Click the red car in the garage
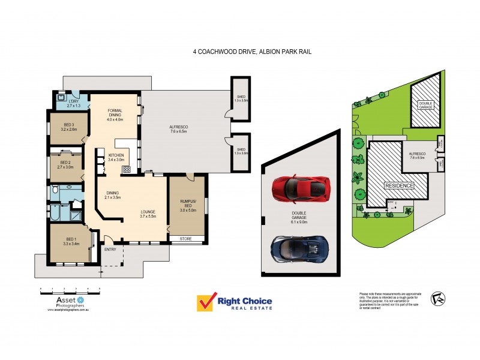(x=301, y=188)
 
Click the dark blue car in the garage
(x=300, y=247)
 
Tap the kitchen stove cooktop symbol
(x=127, y=169)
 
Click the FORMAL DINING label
(x=115, y=115)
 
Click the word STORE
(x=185, y=239)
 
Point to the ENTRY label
(x=110, y=249)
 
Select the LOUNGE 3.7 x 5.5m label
(x=148, y=214)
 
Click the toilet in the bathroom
(x=55, y=190)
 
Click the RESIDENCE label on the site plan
(x=399, y=186)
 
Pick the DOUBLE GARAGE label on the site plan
(x=425, y=104)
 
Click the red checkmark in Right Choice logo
(x=206, y=302)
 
